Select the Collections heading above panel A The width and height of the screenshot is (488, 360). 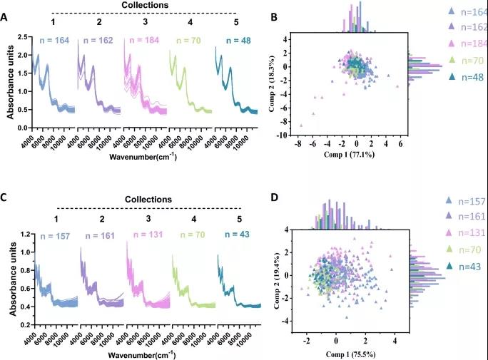(x=145, y=5)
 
